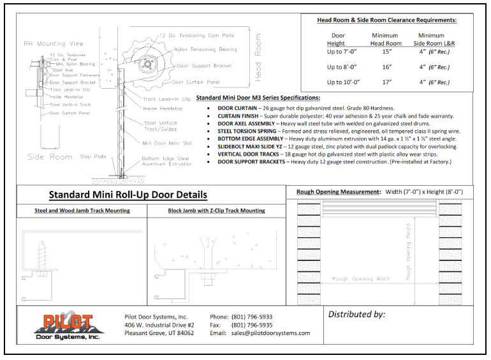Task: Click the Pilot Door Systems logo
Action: [x=68, y=327]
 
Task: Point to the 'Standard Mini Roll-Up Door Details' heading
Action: [x=128, y=195]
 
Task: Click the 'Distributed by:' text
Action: [x=356, y=314]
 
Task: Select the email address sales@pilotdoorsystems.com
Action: [x=269, y=333]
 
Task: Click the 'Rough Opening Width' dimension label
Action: [x=362, y=279]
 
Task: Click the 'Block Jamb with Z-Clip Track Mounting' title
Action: [x=217, y=211]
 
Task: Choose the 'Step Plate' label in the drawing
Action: [x=91, y=156]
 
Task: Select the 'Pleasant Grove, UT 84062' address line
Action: [x=159, y=333]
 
